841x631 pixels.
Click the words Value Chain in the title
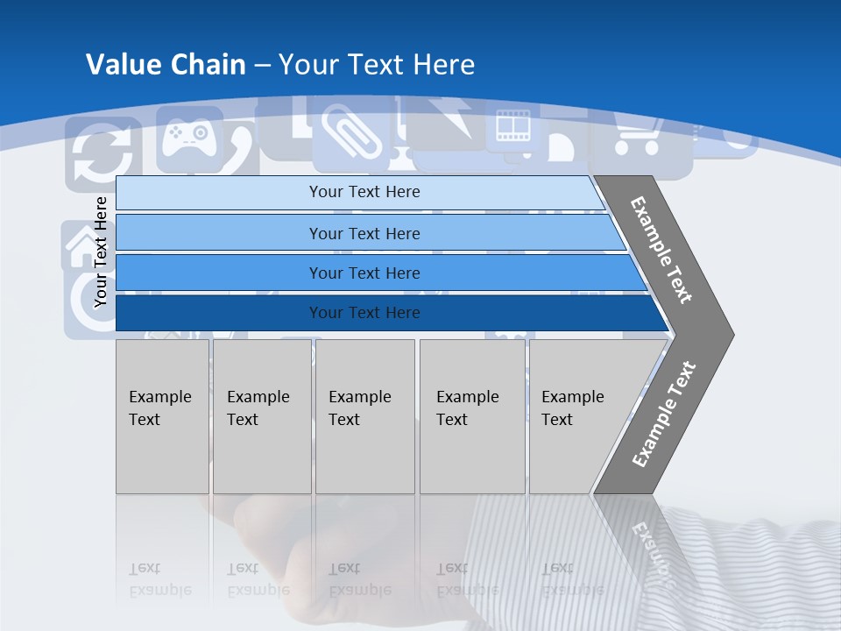[166, 65]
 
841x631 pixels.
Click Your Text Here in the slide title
[377, 65]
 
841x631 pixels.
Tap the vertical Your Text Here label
[101, 252]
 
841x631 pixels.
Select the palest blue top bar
[364, 192]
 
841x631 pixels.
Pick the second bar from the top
[364, 233]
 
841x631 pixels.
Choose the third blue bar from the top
[364, 273]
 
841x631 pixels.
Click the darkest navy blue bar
[364, 313]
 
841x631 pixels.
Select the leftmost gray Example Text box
[162, 415]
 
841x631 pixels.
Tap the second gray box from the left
[261, 415]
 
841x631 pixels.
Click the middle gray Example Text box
[364, 415]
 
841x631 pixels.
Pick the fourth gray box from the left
[471, 415]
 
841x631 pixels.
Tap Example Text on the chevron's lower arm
[664, 414]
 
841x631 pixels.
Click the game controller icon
[188, 136]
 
